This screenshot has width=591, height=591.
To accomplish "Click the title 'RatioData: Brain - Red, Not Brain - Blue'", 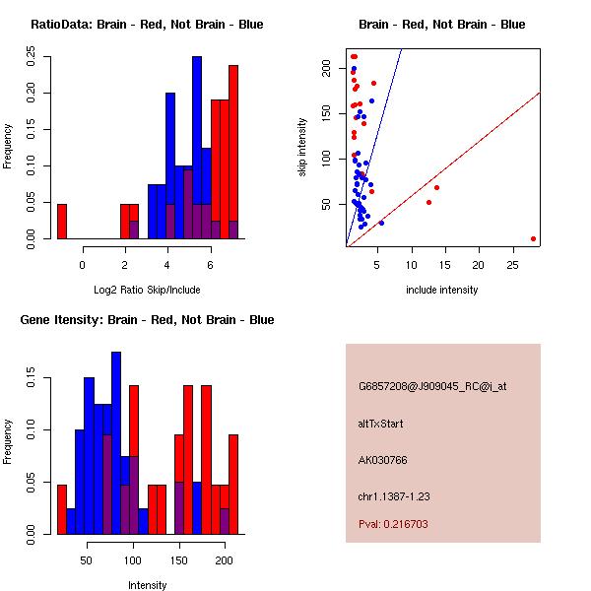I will point(147,25).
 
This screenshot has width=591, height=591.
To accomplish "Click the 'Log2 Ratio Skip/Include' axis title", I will point(147,289).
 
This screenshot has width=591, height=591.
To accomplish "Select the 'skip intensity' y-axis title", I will point(302,148).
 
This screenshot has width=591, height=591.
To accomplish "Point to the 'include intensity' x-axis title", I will point(442,290).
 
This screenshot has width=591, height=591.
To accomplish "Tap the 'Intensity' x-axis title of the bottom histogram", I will point(147,585).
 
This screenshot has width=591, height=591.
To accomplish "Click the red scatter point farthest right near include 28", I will point(533,238).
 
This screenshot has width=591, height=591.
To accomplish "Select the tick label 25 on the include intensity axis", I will point(512,263).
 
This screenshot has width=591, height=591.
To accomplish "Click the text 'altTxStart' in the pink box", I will point(381,424).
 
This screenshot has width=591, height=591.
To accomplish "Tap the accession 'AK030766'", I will point(383,459).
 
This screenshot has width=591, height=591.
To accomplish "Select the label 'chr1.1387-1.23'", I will point(394,494).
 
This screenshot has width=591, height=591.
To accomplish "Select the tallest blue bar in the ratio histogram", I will point(196,148).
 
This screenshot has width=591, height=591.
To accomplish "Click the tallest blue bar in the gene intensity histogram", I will point(116,443).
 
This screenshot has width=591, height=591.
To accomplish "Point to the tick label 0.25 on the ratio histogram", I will point(33,58).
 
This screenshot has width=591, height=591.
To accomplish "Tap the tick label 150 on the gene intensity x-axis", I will point(179,558).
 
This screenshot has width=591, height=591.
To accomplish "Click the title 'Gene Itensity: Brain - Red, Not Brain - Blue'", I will point(147,320).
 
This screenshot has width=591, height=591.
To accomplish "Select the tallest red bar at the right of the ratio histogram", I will point(233,153).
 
